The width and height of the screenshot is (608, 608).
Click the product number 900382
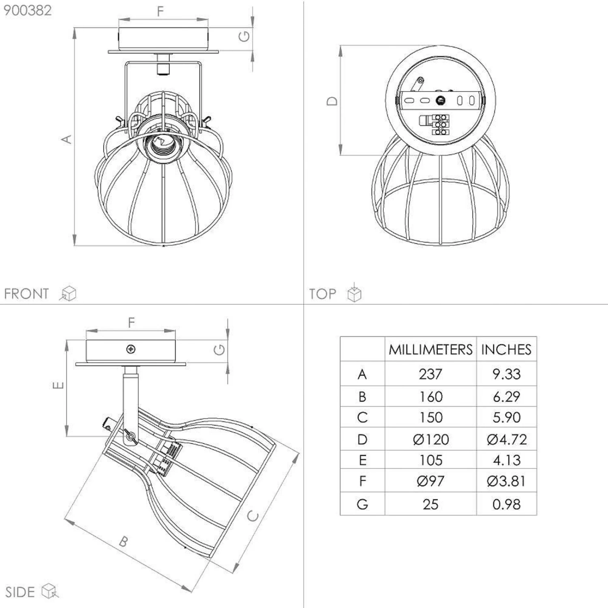click(28, 11)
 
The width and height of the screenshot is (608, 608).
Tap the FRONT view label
click(26, 293)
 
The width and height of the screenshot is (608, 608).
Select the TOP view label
click(323, 294)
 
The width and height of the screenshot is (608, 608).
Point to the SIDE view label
click(20, 592)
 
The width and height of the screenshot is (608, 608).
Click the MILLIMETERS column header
click(430, 349)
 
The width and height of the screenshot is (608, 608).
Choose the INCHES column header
click(506, 349)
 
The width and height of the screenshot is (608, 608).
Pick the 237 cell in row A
click(430, 374)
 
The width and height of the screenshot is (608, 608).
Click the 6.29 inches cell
click(506, 396)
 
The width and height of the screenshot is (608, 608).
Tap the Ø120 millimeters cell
click(430, 439)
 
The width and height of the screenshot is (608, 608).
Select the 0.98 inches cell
click(506, 504)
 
